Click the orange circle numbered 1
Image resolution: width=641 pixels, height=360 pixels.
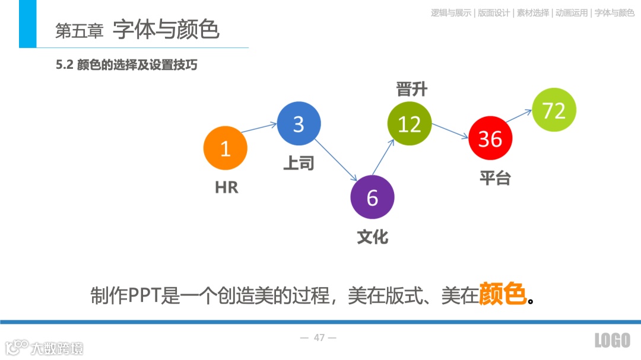pyautogui.click(x=225, y=148)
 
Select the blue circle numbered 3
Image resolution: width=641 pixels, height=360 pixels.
pyautogui.click(x=299, y=124)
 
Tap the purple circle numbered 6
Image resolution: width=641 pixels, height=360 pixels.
pyautogui.click(x=372, y=197)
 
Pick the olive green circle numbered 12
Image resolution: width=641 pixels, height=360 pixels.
pyautogui.click(x=409, y=124)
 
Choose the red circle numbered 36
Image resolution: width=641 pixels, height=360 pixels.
pyautogui.click(x=490, y=138)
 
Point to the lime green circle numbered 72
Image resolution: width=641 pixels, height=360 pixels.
pyautogui.click(x=554, y=110)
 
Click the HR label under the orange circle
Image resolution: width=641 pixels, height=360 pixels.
pyautogui.click(x=226, y=187)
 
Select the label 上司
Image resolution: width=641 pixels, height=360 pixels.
pyautogui.click(x=298, y=163)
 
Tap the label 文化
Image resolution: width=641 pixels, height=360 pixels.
pyautogui.click(x=372, y=237)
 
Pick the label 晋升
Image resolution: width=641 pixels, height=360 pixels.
pyautogui.click(x=411, y=90)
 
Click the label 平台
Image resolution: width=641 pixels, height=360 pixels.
pyautogui.click(x=494, y=177)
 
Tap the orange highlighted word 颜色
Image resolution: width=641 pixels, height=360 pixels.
pyautogui.click(x=502, y=294)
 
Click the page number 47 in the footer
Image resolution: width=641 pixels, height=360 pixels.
pyautogui.click(x=319, y=338)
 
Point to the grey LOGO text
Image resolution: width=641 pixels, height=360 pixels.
pyautogui.click(x=612, y=340)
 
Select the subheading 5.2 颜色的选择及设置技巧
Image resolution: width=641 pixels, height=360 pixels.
pyautogui.click(x=126, y=65)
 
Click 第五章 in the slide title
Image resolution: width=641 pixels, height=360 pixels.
pyautogui.click(x=79, y=31)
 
